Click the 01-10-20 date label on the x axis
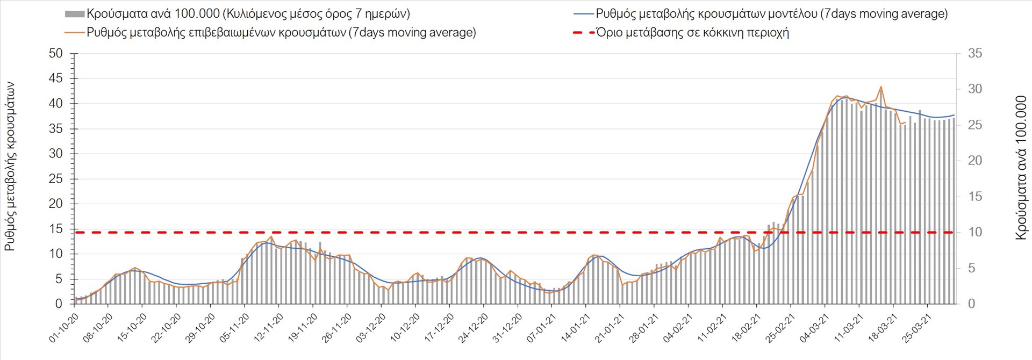coord(64,328)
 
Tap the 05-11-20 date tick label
coord(234,328)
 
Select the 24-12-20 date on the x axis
coord(472,328)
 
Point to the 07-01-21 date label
coord(541,328)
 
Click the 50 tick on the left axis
coord(55,54)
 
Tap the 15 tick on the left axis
coord(55,229)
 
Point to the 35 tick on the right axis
coord(975,54)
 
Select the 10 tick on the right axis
coord(975,233)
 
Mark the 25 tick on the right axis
coord(975,125)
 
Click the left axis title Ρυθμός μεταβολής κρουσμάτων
coord(10,167)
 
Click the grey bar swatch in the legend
coord(74,14)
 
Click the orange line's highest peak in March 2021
coord(880,87)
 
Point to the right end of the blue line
coord(954,115)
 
